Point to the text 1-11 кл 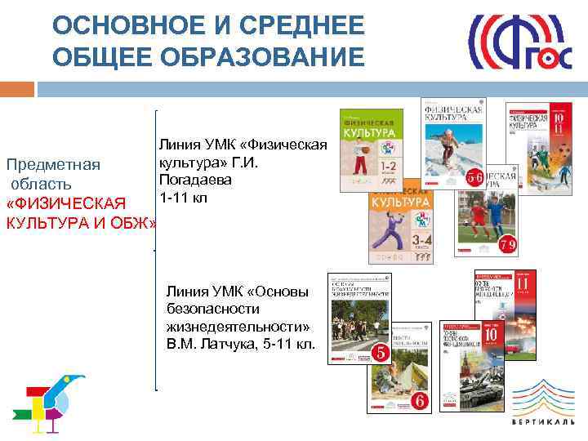(184, 197)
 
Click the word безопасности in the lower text (212, 309)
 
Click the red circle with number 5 (380, 353)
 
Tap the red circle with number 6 (419, 400)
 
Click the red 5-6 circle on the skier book (473, 176)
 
